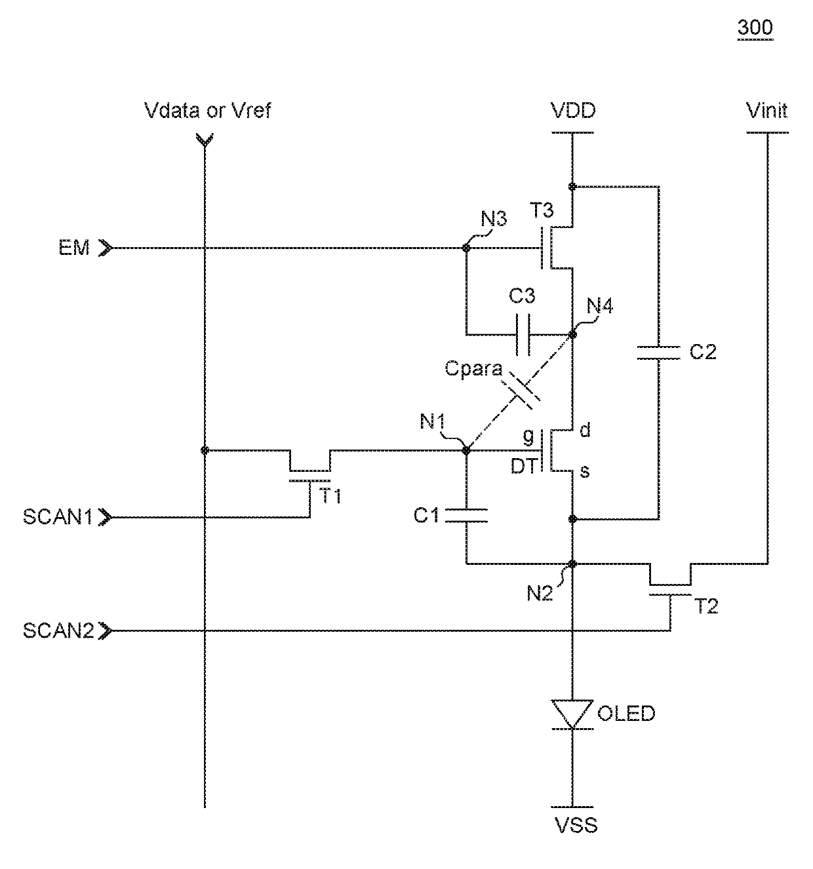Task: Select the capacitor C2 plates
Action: pos(658,353)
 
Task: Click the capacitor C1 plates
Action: pos(466,515)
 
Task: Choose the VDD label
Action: pos(573,111)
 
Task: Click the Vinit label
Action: pos(766,111)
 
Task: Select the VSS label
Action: pos(576,825)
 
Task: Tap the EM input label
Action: pos(74,248)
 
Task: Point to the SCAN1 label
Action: pos(57,517)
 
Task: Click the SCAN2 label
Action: pos(58,630)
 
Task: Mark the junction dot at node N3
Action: pos(466,248)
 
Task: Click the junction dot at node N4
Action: pos(572,335)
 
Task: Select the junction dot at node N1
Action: pos(466,450)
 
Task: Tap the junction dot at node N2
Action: pos(572,564)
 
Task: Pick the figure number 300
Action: pos(755,28)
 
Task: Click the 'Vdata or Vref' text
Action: pos(208,111)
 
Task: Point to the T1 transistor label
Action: pos(330,496)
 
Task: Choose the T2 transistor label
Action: pos(706,606)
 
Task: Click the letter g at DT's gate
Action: pos(529,436)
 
